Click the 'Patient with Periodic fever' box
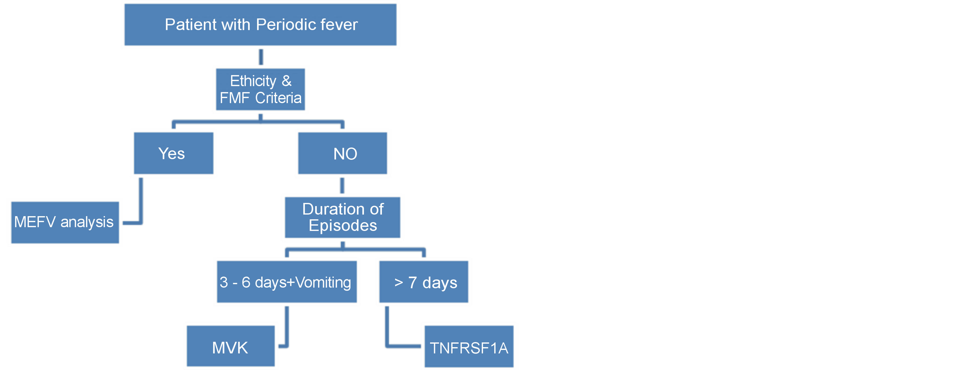tap(260, 24)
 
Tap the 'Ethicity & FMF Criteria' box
tap(260, 89)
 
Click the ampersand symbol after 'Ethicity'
tap(286, 81)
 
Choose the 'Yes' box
tap(173, 153)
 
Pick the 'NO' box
tap(342, 153)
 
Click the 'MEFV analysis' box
tap(65, 222)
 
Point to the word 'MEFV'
tap(35, 222)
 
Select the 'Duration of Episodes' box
tap(342, 218)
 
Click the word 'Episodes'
tap(343, 226)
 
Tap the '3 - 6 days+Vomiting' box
tap(286, 282)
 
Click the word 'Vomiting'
tap(323, 282)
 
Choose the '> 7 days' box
tap(423, 282)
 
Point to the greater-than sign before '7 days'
tap(398, 282)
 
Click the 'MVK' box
tap(230, 346)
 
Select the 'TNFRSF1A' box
tap(469, 347)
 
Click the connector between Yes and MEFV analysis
tap(141, 204)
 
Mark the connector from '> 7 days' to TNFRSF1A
tap(387, 332)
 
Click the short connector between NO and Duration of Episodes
tap(342, 185)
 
